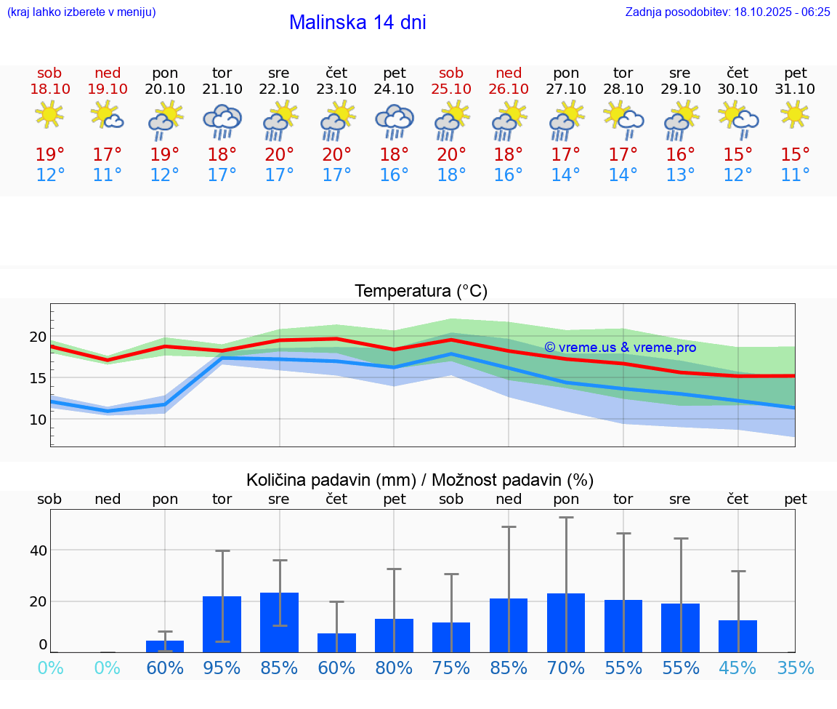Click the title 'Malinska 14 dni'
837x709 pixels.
click(357, 23)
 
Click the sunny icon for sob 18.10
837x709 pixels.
click(49, 115)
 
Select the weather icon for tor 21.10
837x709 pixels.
click(222, 121)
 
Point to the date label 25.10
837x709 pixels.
click(450, 89)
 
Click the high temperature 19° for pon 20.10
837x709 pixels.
click(164, 154)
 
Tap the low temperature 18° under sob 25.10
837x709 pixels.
click(450, 175)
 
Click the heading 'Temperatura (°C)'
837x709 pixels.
click(421, 292)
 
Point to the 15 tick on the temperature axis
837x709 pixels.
click(38, 378)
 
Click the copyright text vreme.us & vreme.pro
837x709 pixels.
click(620, 348)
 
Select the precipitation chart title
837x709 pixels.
click(420, 480)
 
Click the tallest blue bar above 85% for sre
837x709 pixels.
click(279, 622)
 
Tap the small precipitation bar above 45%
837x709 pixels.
click(737, 636)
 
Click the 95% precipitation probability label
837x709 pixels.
click(222, 668)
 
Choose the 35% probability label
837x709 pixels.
click(795, 668)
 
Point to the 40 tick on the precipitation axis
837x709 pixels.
click(38, 550)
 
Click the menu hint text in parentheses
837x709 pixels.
click(81, 12)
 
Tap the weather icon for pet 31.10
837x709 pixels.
click(795, 115)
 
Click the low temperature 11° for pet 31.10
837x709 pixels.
click(795, 175)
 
